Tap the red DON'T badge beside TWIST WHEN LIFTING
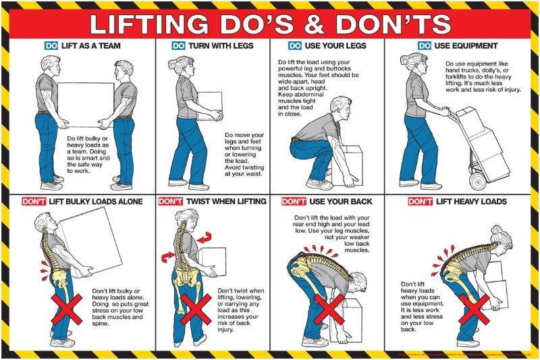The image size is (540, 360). click(171, 201)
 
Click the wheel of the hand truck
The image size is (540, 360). click(477, 182)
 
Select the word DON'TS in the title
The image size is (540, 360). click(398, 24)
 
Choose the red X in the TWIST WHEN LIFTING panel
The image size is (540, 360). click(194, 309)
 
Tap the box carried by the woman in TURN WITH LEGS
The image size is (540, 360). click(209, 107)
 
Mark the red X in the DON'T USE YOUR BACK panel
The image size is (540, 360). click(330, 309)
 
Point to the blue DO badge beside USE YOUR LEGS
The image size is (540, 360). click(295, 46)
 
